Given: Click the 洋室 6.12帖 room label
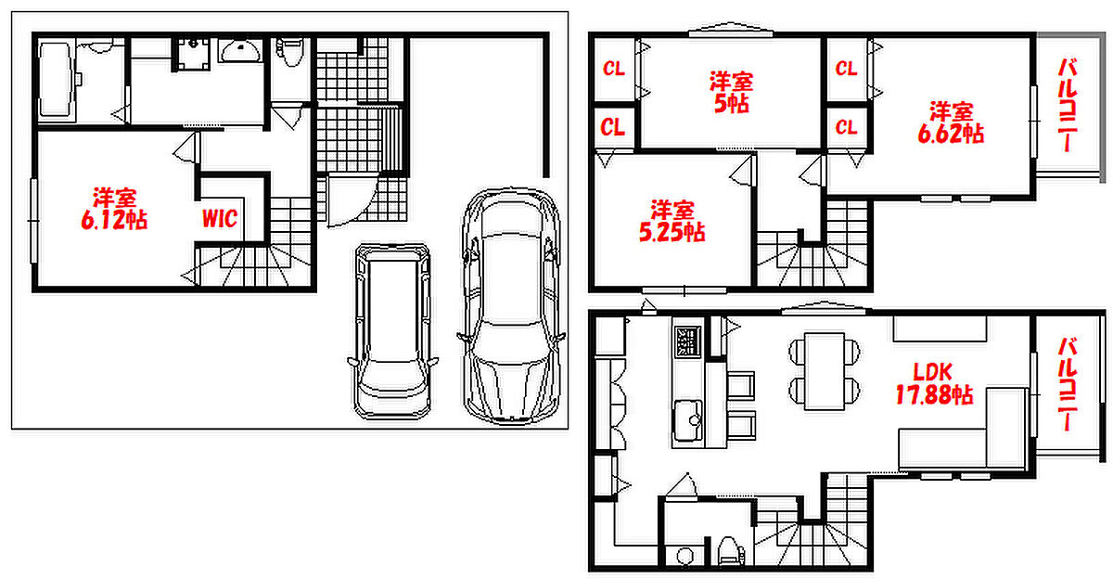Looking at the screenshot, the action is [114, 209].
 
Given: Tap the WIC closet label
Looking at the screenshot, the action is [220, 219].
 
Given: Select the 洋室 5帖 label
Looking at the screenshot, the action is [732, 93].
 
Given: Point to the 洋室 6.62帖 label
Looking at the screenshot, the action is [951, 122].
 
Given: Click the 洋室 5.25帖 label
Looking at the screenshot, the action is [672, 221].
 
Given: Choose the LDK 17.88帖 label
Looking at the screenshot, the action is [934, 383].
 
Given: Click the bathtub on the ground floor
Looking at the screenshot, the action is [57, 81].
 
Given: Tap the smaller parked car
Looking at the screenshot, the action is [392, 331].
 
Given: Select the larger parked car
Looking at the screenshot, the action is [512, 305].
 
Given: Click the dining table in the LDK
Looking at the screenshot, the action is [825, 371].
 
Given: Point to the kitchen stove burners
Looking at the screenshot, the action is [687, 341].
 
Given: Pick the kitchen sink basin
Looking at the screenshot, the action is [688, 420].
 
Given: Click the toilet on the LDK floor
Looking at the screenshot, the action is [729, 550].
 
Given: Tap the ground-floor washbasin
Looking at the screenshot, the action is [240, 51].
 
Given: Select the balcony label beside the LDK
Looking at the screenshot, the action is [1068, 384].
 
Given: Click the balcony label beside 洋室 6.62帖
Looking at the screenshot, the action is [1068, 105].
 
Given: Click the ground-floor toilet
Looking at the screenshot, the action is [291, 52].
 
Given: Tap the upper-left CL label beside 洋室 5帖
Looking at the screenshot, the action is [614, 69].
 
